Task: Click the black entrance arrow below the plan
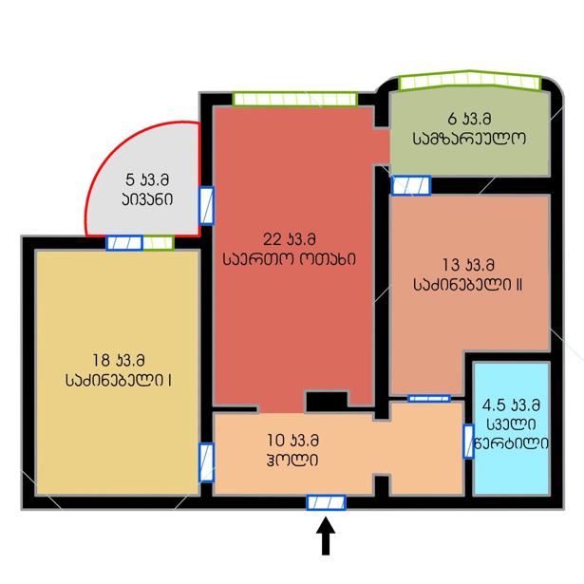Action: [326, 536]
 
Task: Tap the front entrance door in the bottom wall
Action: [326, 502]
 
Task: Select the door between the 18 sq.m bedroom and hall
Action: [206, 462]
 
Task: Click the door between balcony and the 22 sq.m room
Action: [206, 206]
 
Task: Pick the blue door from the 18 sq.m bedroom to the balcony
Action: [124, 243]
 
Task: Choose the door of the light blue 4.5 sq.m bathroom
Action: [468, 442]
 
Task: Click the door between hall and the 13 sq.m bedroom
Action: [429, 399]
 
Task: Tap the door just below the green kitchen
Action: [411, 185]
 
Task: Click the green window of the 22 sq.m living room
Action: [295, 99]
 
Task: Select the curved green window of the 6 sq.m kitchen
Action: [470, 80]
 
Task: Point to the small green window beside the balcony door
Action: [159, 243]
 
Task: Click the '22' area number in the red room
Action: [273, 239]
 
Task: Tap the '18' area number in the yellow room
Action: [101, 360]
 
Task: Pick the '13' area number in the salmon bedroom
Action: [451, 265]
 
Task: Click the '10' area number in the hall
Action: [276, 441]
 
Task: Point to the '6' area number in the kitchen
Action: [452, 119]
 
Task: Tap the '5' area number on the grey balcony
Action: [130, 179]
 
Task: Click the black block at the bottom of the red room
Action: [327, 402]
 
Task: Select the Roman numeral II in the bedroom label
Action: [518, 285]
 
